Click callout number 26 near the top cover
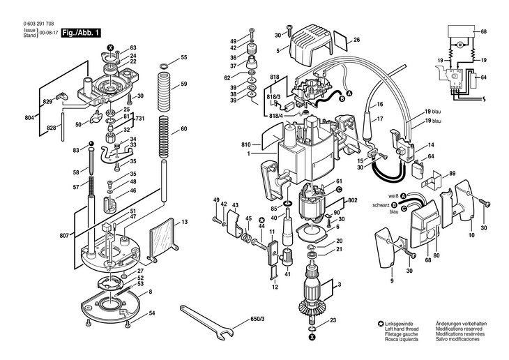(x=356, y=40)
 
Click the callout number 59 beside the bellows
(x=184, y=84)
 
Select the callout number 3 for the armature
(x=339, y=286)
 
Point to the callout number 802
(x=353, y=200)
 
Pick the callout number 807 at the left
(x=64, y=237)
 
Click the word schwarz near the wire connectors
(x=381, y=205)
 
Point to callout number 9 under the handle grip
(x=392, y=280)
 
